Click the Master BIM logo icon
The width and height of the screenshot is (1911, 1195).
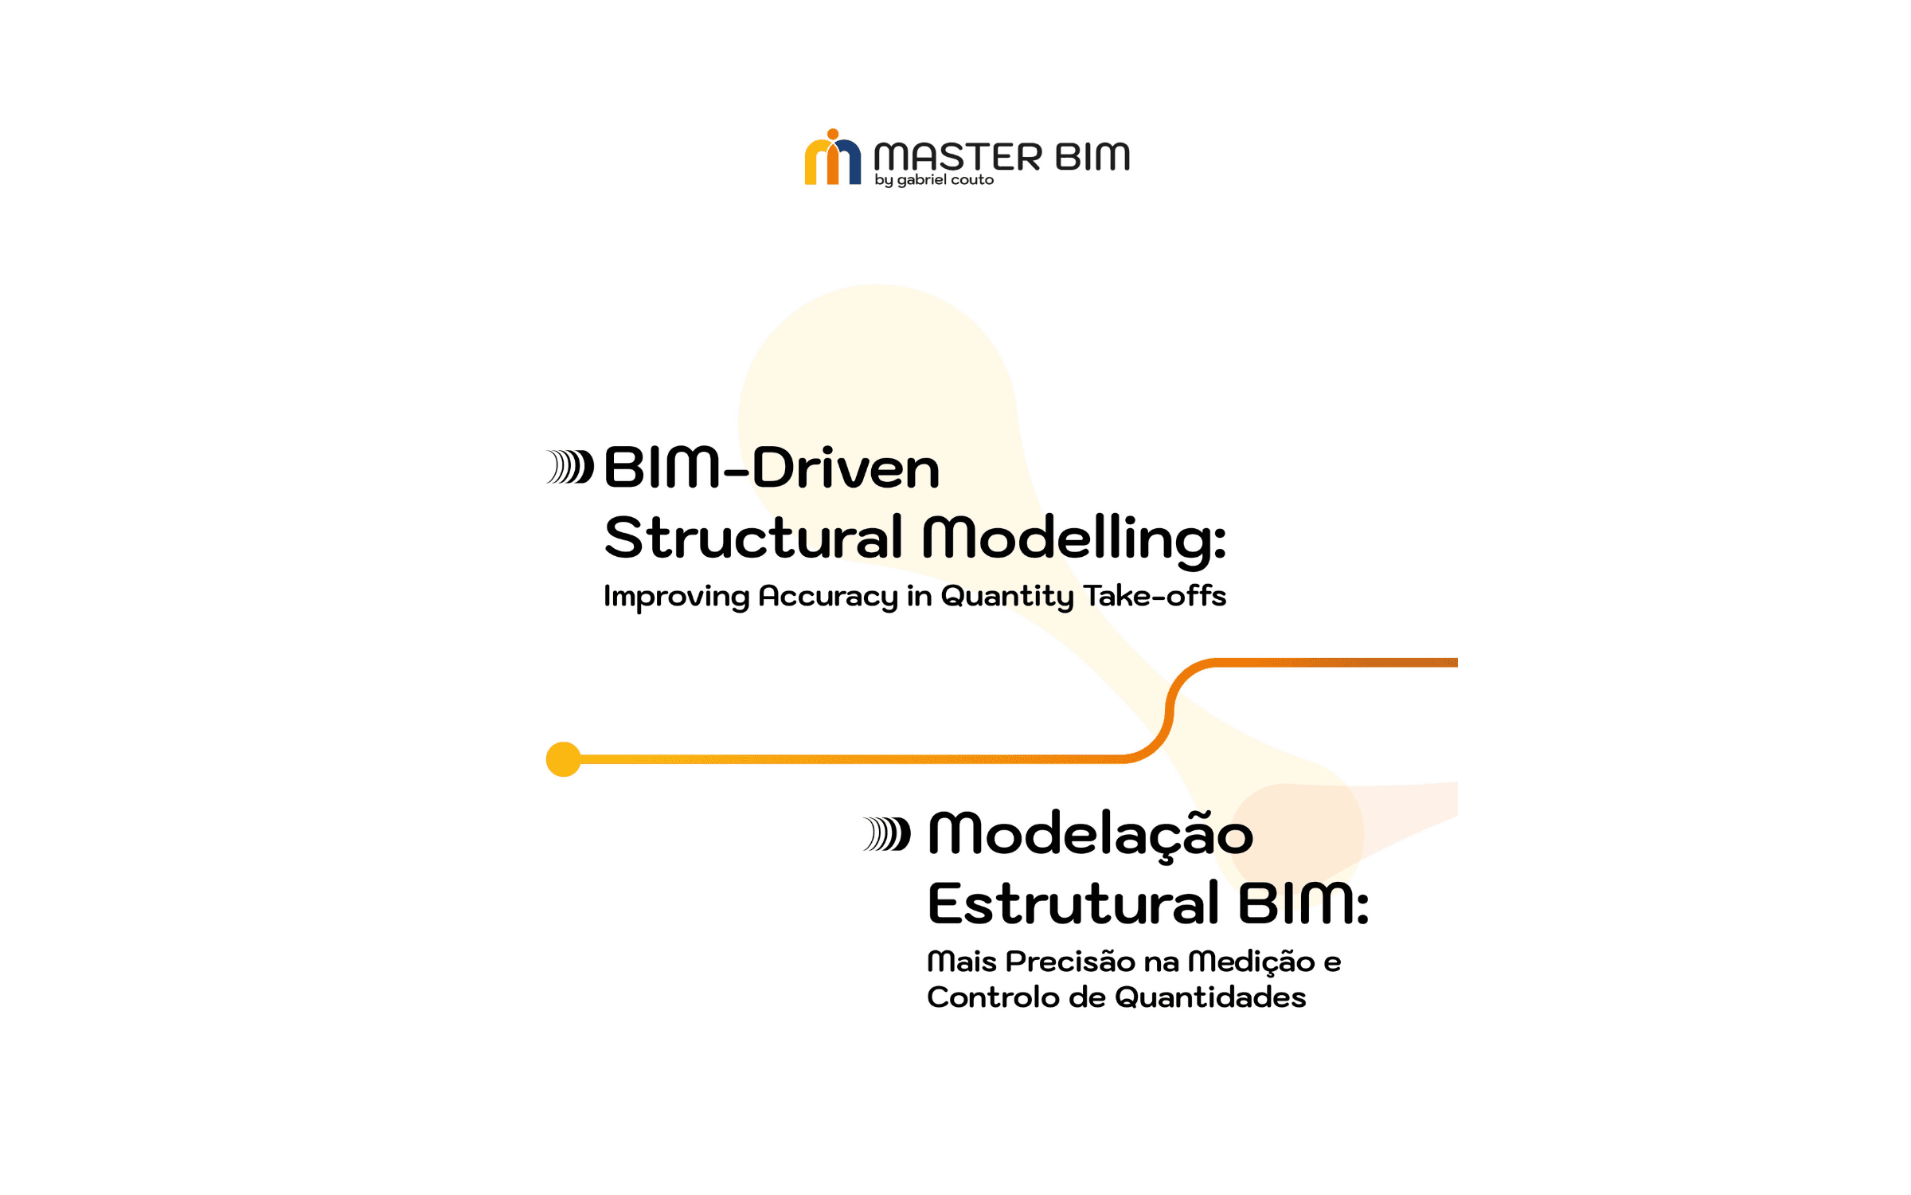click(x=832, y=159)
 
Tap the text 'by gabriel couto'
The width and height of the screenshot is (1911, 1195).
click(x=934, y=180)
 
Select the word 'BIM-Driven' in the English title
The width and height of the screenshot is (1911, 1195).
click(x=772, y=468)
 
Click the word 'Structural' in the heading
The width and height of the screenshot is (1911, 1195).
click(x=753, y=538)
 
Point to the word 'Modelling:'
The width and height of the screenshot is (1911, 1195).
click(x=1074, y=539)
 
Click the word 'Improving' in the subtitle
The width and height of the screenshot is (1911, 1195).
click(x=676, y=597)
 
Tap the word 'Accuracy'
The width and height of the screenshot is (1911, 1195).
click(x=827, y=597)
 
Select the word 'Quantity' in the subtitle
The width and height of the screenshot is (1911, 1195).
click(x=1007, y=597)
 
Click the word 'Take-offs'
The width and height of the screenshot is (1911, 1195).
click(x=1155, y=596)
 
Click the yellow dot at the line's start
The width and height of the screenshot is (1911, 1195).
click(x=563, y=759)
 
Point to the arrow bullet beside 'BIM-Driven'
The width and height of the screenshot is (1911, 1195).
click(x=570, y=467)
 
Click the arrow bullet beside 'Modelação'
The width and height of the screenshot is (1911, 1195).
click(x=887, y=834)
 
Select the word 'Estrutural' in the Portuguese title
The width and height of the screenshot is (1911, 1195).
click(x=1073, y=904)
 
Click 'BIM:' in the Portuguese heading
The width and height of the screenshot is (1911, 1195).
click(x=1303, y=904)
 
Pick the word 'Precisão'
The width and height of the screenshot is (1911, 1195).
click(x=1071, y=962)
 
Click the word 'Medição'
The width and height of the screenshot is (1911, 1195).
click(x=1251, y=962)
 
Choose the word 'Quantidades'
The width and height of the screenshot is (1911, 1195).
click(x=1210, y=997)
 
